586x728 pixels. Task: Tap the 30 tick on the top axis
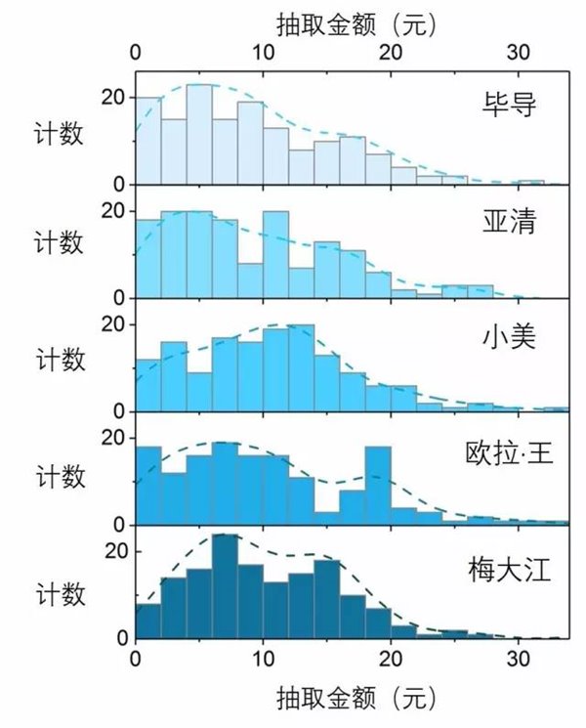pyautogui.click(x=519, y=51)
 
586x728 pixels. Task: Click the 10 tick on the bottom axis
pyautogui.click(x=263, y=658)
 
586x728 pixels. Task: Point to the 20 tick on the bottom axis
pyautogui.click(x=391, y=658)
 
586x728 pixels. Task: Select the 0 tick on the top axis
pyautogui.click(x=136, y=51)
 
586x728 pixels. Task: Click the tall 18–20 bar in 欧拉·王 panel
pyautogui.click(x=378, y=486)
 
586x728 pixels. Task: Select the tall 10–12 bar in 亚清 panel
pyautogui.click(x=275, y=254)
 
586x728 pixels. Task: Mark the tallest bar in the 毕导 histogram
pyautogui.click(x=199, y=135)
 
